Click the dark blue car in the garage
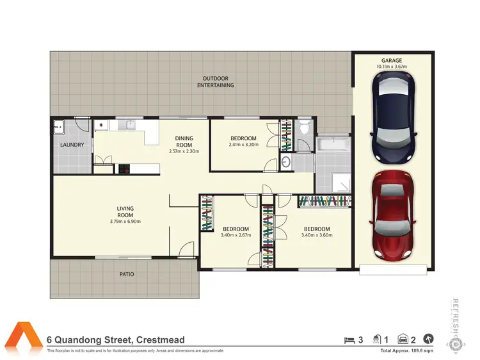click(x=393, y=117)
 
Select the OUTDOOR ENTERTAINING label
click(x=215, y=81)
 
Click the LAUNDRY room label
click(x=72, y=145)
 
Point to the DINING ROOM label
click(x=184, y=142)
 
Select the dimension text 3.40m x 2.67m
click(x=236, y=235)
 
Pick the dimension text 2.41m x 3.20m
click(x=243, y=145)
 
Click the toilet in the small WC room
click(x=304, y=127)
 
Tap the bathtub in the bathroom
click(x=333, y=143)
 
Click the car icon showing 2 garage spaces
click(x=403, y=340)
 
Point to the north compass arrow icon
click(x=428, y=340)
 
